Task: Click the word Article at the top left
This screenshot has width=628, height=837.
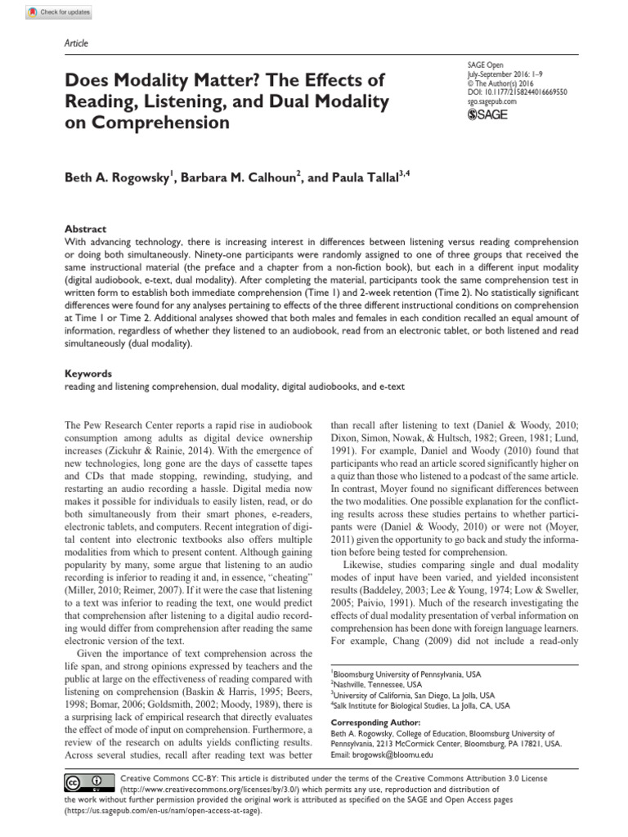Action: (75, 43)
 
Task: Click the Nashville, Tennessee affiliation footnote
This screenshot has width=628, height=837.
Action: (375, 683)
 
